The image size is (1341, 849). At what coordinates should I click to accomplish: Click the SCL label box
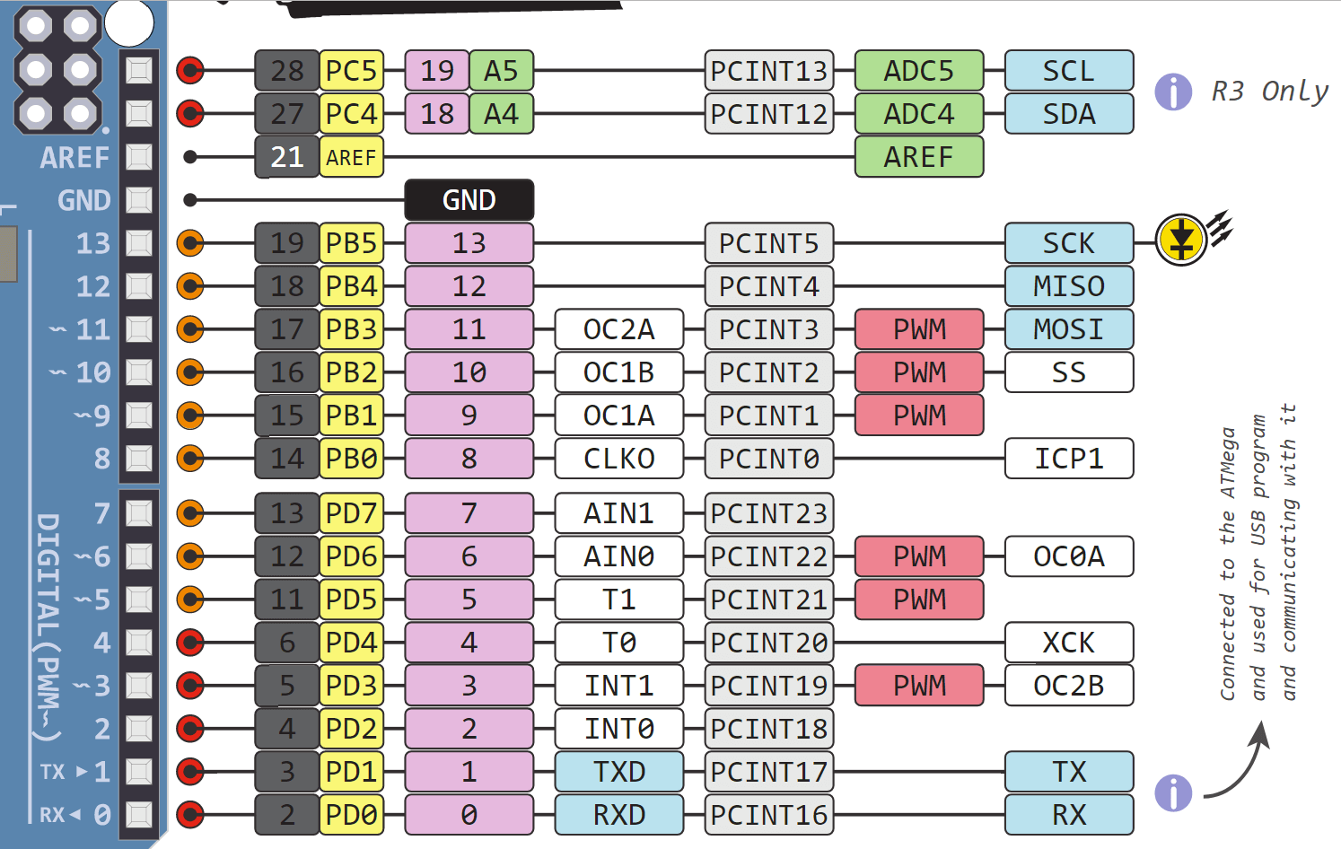(1068, 71)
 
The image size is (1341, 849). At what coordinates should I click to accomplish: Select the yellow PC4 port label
(351, 114)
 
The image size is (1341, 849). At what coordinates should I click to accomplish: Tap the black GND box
(469, 199)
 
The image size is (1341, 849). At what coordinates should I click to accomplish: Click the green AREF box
(918, 157)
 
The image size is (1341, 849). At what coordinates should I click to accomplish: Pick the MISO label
(1068, 286)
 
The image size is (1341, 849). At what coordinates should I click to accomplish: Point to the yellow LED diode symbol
(1180, 240)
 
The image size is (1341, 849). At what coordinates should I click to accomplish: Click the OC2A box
(618, 329)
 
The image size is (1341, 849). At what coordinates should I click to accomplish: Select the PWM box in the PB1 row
(918, 416)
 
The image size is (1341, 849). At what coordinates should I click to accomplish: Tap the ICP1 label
(1068, 459)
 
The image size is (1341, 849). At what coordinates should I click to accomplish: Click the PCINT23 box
(768, 513)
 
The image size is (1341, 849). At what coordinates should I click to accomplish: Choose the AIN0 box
(618, 556)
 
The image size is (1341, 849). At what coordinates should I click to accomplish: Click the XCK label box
(1068, 643)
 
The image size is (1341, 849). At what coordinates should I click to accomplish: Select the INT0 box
(618, 729)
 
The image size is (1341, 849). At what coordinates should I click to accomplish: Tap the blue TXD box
(618, 772)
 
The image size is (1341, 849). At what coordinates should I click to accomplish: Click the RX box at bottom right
(1068, 815)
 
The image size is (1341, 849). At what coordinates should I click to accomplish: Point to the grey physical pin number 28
(287, 71)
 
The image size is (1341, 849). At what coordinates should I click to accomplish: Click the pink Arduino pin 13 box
(469, 243)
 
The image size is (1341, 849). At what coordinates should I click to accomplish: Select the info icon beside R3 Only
(1172, 92)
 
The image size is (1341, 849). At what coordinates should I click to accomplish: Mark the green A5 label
(501, 71)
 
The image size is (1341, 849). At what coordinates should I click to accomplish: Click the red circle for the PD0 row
(190, 815)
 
